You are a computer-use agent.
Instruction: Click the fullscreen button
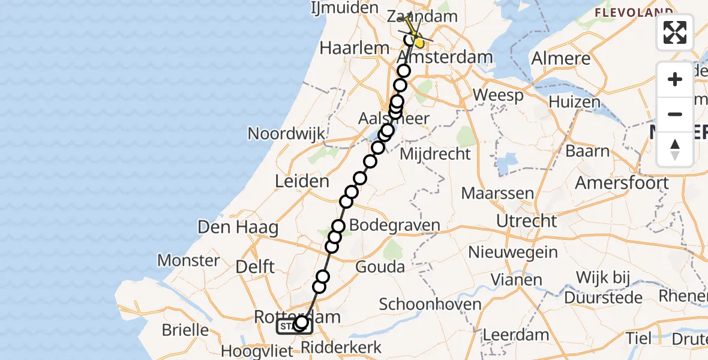(675, 32)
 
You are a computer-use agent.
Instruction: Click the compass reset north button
(675, 149)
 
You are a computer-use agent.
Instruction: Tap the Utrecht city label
(527, 221)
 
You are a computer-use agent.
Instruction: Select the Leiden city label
(302, 181)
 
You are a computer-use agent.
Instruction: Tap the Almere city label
(561, 59)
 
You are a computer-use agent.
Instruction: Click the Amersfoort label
(622, 182)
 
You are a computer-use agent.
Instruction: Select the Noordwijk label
(286, 133)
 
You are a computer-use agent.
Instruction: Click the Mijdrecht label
(435, 154)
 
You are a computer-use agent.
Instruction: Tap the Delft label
(256, 267)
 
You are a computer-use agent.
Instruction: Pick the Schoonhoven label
(430, 304)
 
